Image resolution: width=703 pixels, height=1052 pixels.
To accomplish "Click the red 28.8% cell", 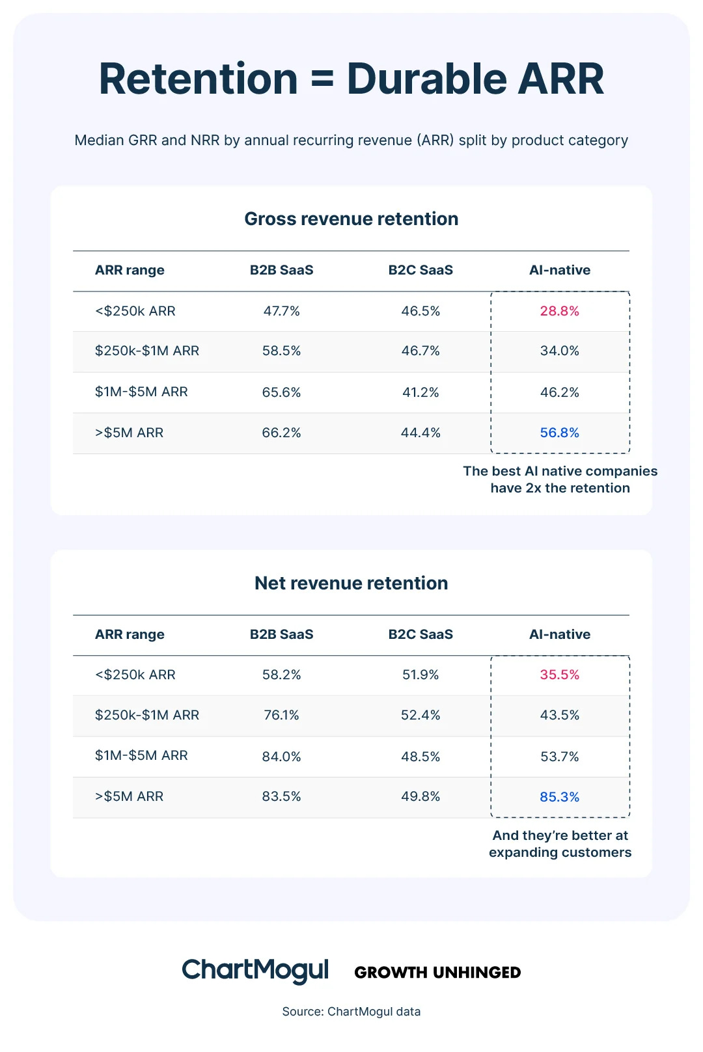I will [x=559, y=311].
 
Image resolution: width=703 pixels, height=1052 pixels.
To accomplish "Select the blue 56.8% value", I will [x=559, y=433].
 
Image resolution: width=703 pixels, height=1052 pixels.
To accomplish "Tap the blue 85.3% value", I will [x=559, y=797].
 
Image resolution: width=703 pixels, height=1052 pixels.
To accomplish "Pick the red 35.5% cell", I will [x=559, y=675].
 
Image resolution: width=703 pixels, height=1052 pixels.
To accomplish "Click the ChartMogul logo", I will [x=255, y=971].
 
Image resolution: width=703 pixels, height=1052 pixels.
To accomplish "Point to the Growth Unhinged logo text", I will [x=437, y=973].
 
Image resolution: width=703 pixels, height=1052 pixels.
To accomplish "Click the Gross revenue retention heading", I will [x=351, y=219].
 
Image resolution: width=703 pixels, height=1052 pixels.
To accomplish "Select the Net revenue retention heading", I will [x=351, y=583].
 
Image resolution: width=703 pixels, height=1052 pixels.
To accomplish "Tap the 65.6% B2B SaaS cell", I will [x=281, y=392].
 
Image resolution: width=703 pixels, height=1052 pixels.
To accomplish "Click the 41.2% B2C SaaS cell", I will [x=420, y=392].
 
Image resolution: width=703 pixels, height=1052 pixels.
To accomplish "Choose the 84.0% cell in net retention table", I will [x=281, y=757].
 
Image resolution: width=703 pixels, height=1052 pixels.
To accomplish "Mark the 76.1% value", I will [x=281, y=715].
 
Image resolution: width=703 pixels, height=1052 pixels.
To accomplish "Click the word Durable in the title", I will [x=426, y=79].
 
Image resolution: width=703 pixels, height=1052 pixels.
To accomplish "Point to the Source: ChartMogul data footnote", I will [x=351, y=1012].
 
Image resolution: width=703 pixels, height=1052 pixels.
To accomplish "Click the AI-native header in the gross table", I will [x=559, y=270].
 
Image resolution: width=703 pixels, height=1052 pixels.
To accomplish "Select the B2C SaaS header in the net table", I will [x=420, y=634].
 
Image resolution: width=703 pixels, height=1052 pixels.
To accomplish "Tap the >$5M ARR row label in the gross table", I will [x=129, y=433].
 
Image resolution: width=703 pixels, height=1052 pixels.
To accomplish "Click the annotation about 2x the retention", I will [x=560, y=479].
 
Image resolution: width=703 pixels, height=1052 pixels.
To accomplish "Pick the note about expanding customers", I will [x=560, y=844].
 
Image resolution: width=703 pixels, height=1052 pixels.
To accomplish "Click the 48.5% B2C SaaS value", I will [x=420, y=757].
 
